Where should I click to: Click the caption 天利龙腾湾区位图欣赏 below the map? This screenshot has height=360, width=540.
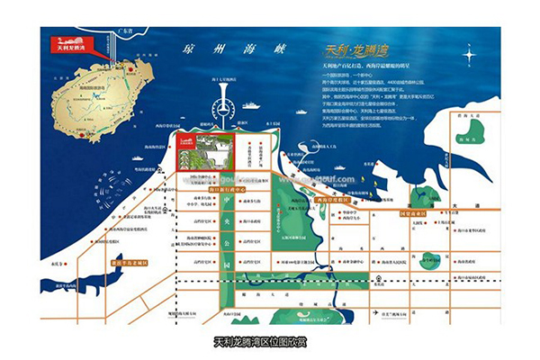pyautogui.click(x=269, y=342)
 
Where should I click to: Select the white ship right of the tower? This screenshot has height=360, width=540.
pyautogui.click(x=256, y=105)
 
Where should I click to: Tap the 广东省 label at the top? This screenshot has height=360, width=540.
pyautogui.click(x=136, y=31)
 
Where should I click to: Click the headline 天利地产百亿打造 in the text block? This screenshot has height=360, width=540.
pyautogui.click(x=355, y=67)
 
